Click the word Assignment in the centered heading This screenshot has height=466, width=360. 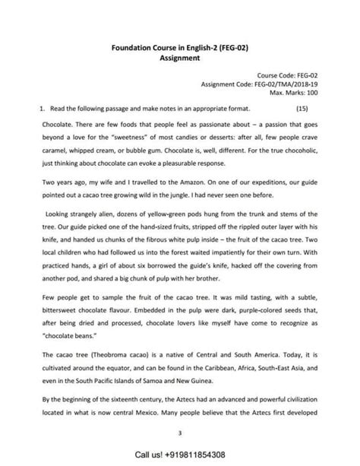point(179,56)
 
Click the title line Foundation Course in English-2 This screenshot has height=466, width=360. point(180,46)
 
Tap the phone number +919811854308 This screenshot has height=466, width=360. point(201,455)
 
